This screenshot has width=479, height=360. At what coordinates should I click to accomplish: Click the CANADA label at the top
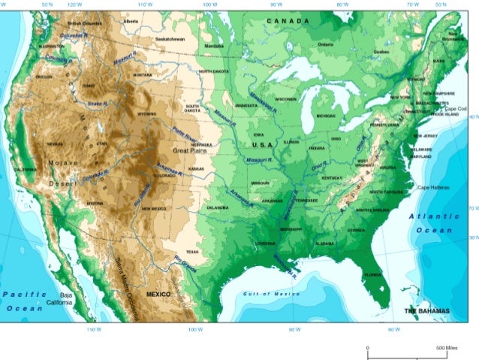point(288,21)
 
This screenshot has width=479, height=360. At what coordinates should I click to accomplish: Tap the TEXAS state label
point(193,252)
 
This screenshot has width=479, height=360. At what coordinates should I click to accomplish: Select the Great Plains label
point(190,151)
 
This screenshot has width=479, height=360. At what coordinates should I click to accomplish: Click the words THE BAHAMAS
point(427,310)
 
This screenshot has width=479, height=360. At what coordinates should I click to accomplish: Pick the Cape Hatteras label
point(433,187)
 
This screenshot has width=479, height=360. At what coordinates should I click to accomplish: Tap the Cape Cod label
point(456,108)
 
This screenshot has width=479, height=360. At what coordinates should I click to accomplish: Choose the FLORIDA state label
point(373,274)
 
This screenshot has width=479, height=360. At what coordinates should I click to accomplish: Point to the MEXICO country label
point(159,293)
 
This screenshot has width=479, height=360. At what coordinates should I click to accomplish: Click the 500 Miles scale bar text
point(446,349)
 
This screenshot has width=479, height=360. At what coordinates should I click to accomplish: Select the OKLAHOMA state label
point(217,207)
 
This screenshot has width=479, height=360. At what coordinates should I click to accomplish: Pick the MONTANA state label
point(142,74)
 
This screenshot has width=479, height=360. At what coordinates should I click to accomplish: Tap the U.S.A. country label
point(264,144)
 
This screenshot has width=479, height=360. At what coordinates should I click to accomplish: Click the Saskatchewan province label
point(170,38)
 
